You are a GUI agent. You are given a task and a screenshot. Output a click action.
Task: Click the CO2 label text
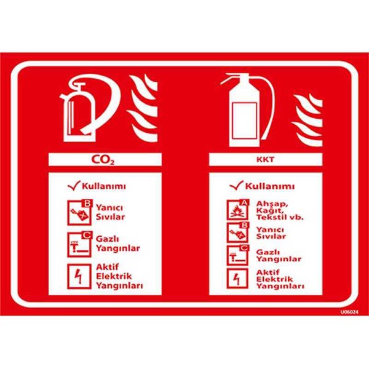(x=103, y=159)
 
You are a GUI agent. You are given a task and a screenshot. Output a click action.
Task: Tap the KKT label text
(x=265, y=159)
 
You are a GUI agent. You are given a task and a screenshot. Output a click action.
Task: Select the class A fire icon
(x=237, y=210)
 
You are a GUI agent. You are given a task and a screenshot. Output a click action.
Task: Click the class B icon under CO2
(x=79, y=213)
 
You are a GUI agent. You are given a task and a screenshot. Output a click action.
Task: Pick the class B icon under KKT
(x=237, y=232)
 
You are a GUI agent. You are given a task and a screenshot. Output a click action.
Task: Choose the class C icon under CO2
(x=79, y=244)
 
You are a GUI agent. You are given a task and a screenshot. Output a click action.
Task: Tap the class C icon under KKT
(x=237, y=255)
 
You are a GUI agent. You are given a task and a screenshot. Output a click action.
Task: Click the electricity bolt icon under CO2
(x=79, y=276)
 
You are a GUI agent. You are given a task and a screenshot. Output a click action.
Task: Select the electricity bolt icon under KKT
(x=237, y=279)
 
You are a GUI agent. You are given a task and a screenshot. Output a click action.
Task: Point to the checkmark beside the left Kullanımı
(x=74, y=186)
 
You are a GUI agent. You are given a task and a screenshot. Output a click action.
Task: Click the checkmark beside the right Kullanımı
(x=237, y=186)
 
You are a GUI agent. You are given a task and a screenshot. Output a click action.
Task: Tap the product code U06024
(x=349, y=312)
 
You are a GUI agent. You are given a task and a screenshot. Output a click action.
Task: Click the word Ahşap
(x=272, y=204)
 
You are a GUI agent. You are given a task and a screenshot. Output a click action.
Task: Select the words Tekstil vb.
(x=280, y=216)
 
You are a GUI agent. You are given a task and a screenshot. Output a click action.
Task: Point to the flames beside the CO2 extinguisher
(x=143, y=108)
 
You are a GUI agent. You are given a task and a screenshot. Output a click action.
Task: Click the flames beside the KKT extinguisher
(x=307, y=120)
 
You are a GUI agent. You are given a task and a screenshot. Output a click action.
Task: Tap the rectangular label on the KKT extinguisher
(x=244, y=121)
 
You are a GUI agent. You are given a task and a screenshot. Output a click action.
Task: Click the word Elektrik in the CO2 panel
(x=114, y=276)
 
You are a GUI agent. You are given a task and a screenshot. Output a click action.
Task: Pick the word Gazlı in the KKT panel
(x=268, y=252)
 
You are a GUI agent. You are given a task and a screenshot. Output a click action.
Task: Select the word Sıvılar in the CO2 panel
(x=110, y=216)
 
